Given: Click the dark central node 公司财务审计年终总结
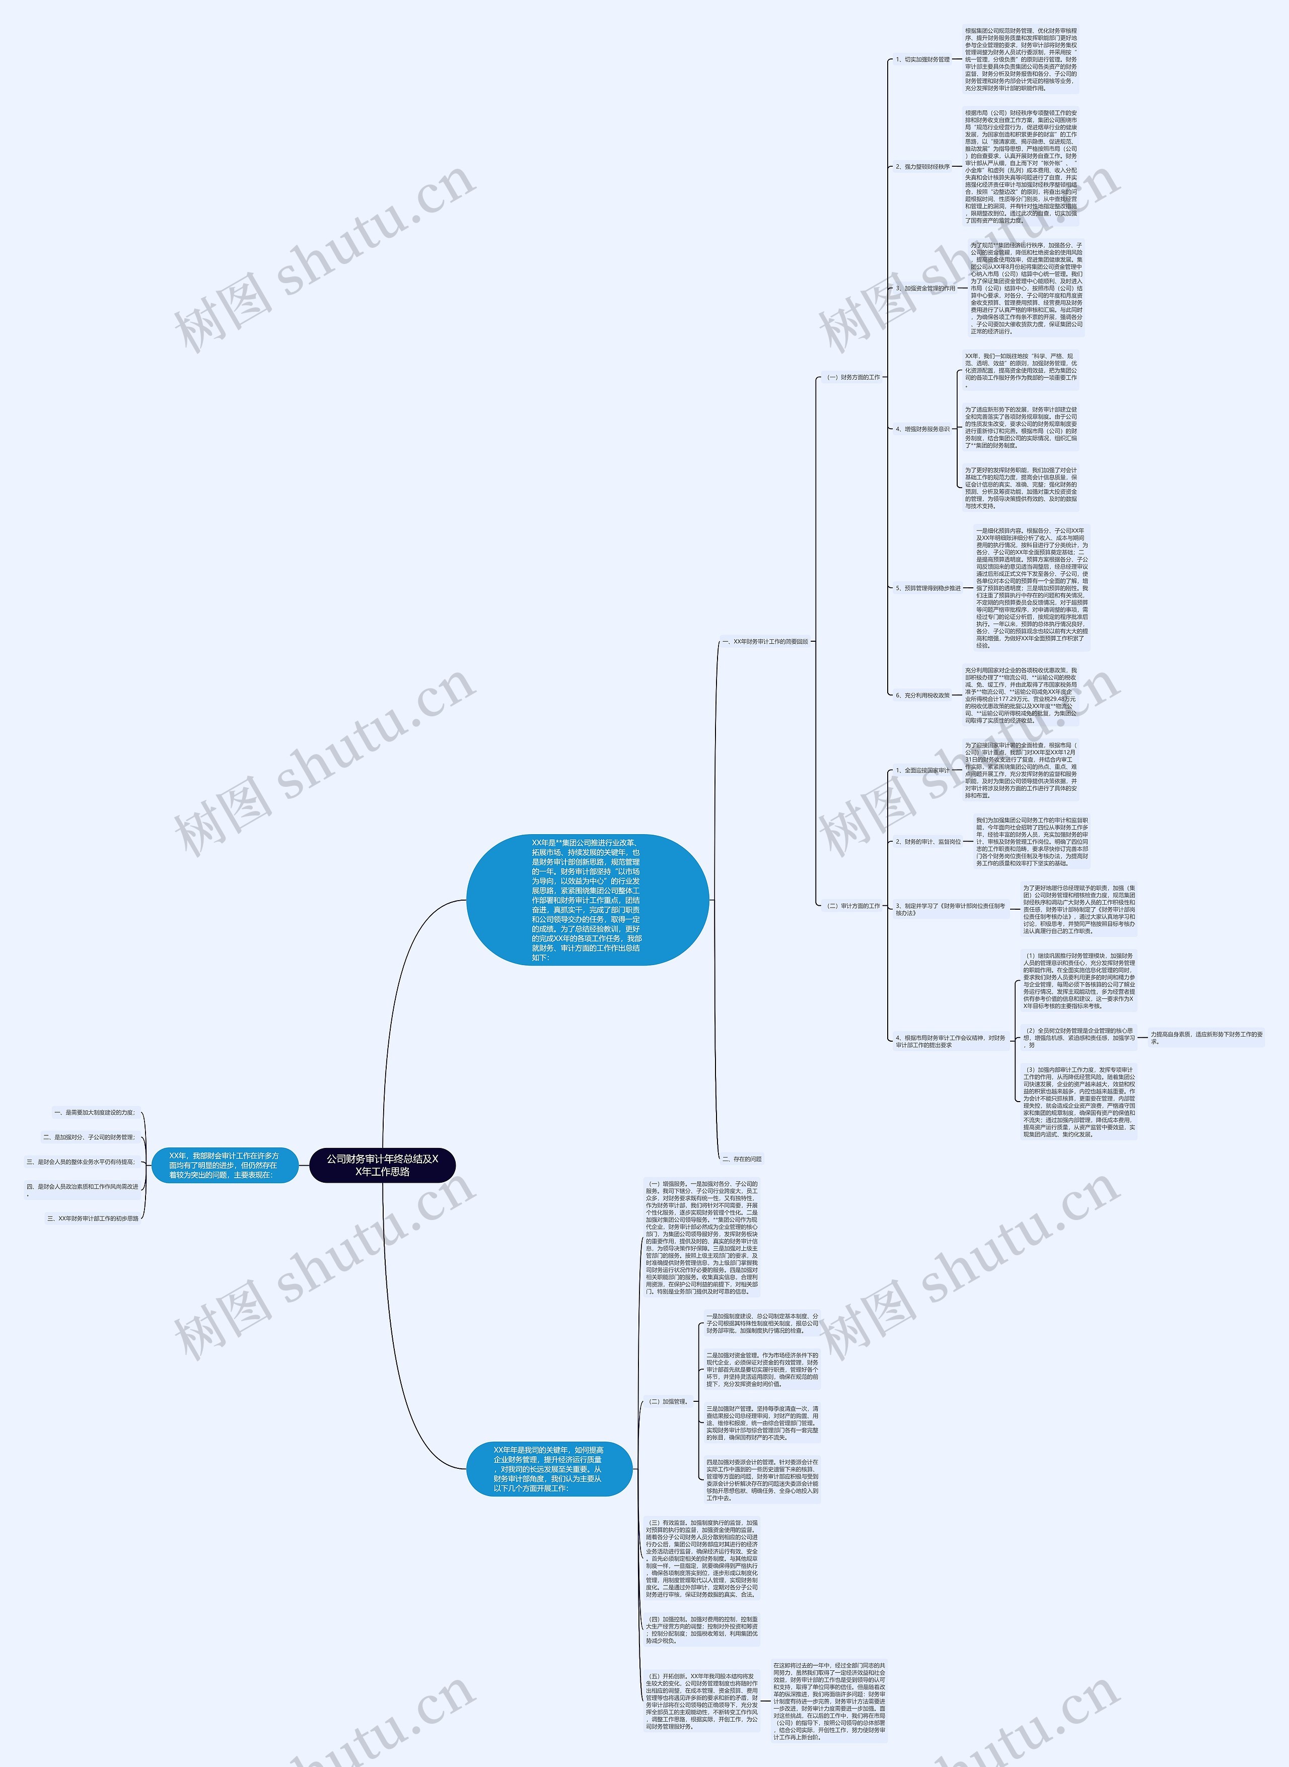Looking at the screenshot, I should [x=382, y=1165].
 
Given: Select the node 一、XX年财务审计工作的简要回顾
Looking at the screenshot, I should [x=765, y=642].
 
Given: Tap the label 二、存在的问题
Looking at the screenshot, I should [x=742, y=1159].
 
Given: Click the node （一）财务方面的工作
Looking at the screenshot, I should [x=853, y=377].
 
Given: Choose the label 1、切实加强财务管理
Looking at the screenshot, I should [x=922, y=59].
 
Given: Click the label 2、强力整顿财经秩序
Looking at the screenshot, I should [x=922, y=166].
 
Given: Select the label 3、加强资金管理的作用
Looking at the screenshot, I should [x=925, y=288].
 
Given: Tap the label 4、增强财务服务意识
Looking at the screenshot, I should [x=922, y=429].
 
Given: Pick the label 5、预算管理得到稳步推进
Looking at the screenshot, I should [x=928, y=588].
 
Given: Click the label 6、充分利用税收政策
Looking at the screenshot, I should [x=922, y=695].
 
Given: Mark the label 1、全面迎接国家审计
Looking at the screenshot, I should [x=922, y=770].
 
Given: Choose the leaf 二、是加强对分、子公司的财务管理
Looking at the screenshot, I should [x=89, y=1137].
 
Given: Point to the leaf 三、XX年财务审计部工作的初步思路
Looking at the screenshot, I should [x=93, y=1218].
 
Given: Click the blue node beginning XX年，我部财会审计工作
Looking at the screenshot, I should [x=224, y=1165].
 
